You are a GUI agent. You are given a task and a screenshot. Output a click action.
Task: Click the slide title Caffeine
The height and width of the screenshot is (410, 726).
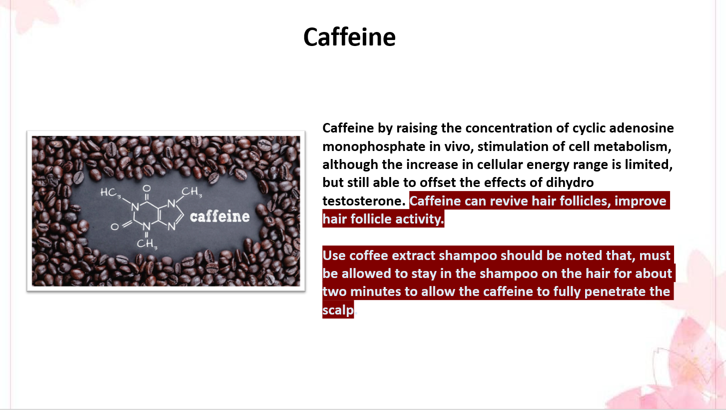click(x=349, y=37)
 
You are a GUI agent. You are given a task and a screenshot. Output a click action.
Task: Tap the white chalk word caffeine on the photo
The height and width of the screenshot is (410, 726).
click(x=220, y=216)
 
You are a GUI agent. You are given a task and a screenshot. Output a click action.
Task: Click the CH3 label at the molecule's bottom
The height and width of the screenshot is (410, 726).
click(x=147, y=244)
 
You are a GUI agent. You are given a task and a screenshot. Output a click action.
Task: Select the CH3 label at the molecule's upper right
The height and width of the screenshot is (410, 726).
click(x=191, y=191)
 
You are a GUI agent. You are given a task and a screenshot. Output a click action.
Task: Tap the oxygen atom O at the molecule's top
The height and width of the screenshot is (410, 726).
click(x=146, y=188)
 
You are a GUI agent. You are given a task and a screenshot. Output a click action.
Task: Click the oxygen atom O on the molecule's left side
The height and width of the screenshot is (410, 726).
click(x=115, y=226)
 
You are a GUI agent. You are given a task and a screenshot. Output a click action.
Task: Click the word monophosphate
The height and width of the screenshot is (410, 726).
click(x=374, y=146)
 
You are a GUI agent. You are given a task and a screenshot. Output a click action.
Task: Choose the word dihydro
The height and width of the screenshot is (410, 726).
click(x=570, y=182)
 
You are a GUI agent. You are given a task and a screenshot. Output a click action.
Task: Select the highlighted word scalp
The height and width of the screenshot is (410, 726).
click(x=338, y=310)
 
